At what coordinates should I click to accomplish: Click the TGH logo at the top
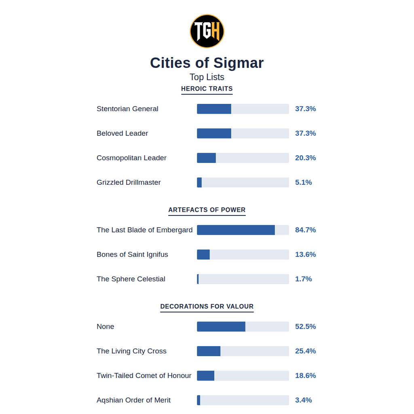coord(207,31)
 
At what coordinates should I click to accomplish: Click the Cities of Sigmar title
coord(207,63)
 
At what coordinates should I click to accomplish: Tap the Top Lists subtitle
coord(207,77)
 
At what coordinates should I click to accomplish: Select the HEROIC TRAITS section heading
coord(207,89)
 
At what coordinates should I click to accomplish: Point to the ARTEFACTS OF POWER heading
coord(207,210)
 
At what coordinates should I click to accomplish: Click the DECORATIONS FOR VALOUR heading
coord(207,306)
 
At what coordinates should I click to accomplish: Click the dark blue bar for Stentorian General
coord(214,109)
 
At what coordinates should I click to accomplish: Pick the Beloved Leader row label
coord(122,133)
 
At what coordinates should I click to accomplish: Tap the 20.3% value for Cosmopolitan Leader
coord(306,158)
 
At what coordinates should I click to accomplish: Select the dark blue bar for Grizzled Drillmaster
coord(199,182)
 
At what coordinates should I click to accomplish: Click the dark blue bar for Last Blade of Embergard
coord(236,230)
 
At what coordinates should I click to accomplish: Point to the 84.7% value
coord(306,230)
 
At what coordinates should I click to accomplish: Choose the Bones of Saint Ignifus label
coord(132,255)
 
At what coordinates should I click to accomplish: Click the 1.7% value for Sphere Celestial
coord(303,279)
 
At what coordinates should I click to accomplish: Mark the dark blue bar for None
coord(221,327)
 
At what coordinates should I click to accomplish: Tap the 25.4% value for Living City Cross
coord(306,351)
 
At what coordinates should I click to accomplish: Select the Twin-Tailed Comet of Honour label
coord(144,376)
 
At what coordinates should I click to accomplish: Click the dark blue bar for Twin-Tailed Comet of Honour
coord(206,376)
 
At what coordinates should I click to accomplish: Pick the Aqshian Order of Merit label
coord(133,400)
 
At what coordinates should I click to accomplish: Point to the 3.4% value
coord(303,400)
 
